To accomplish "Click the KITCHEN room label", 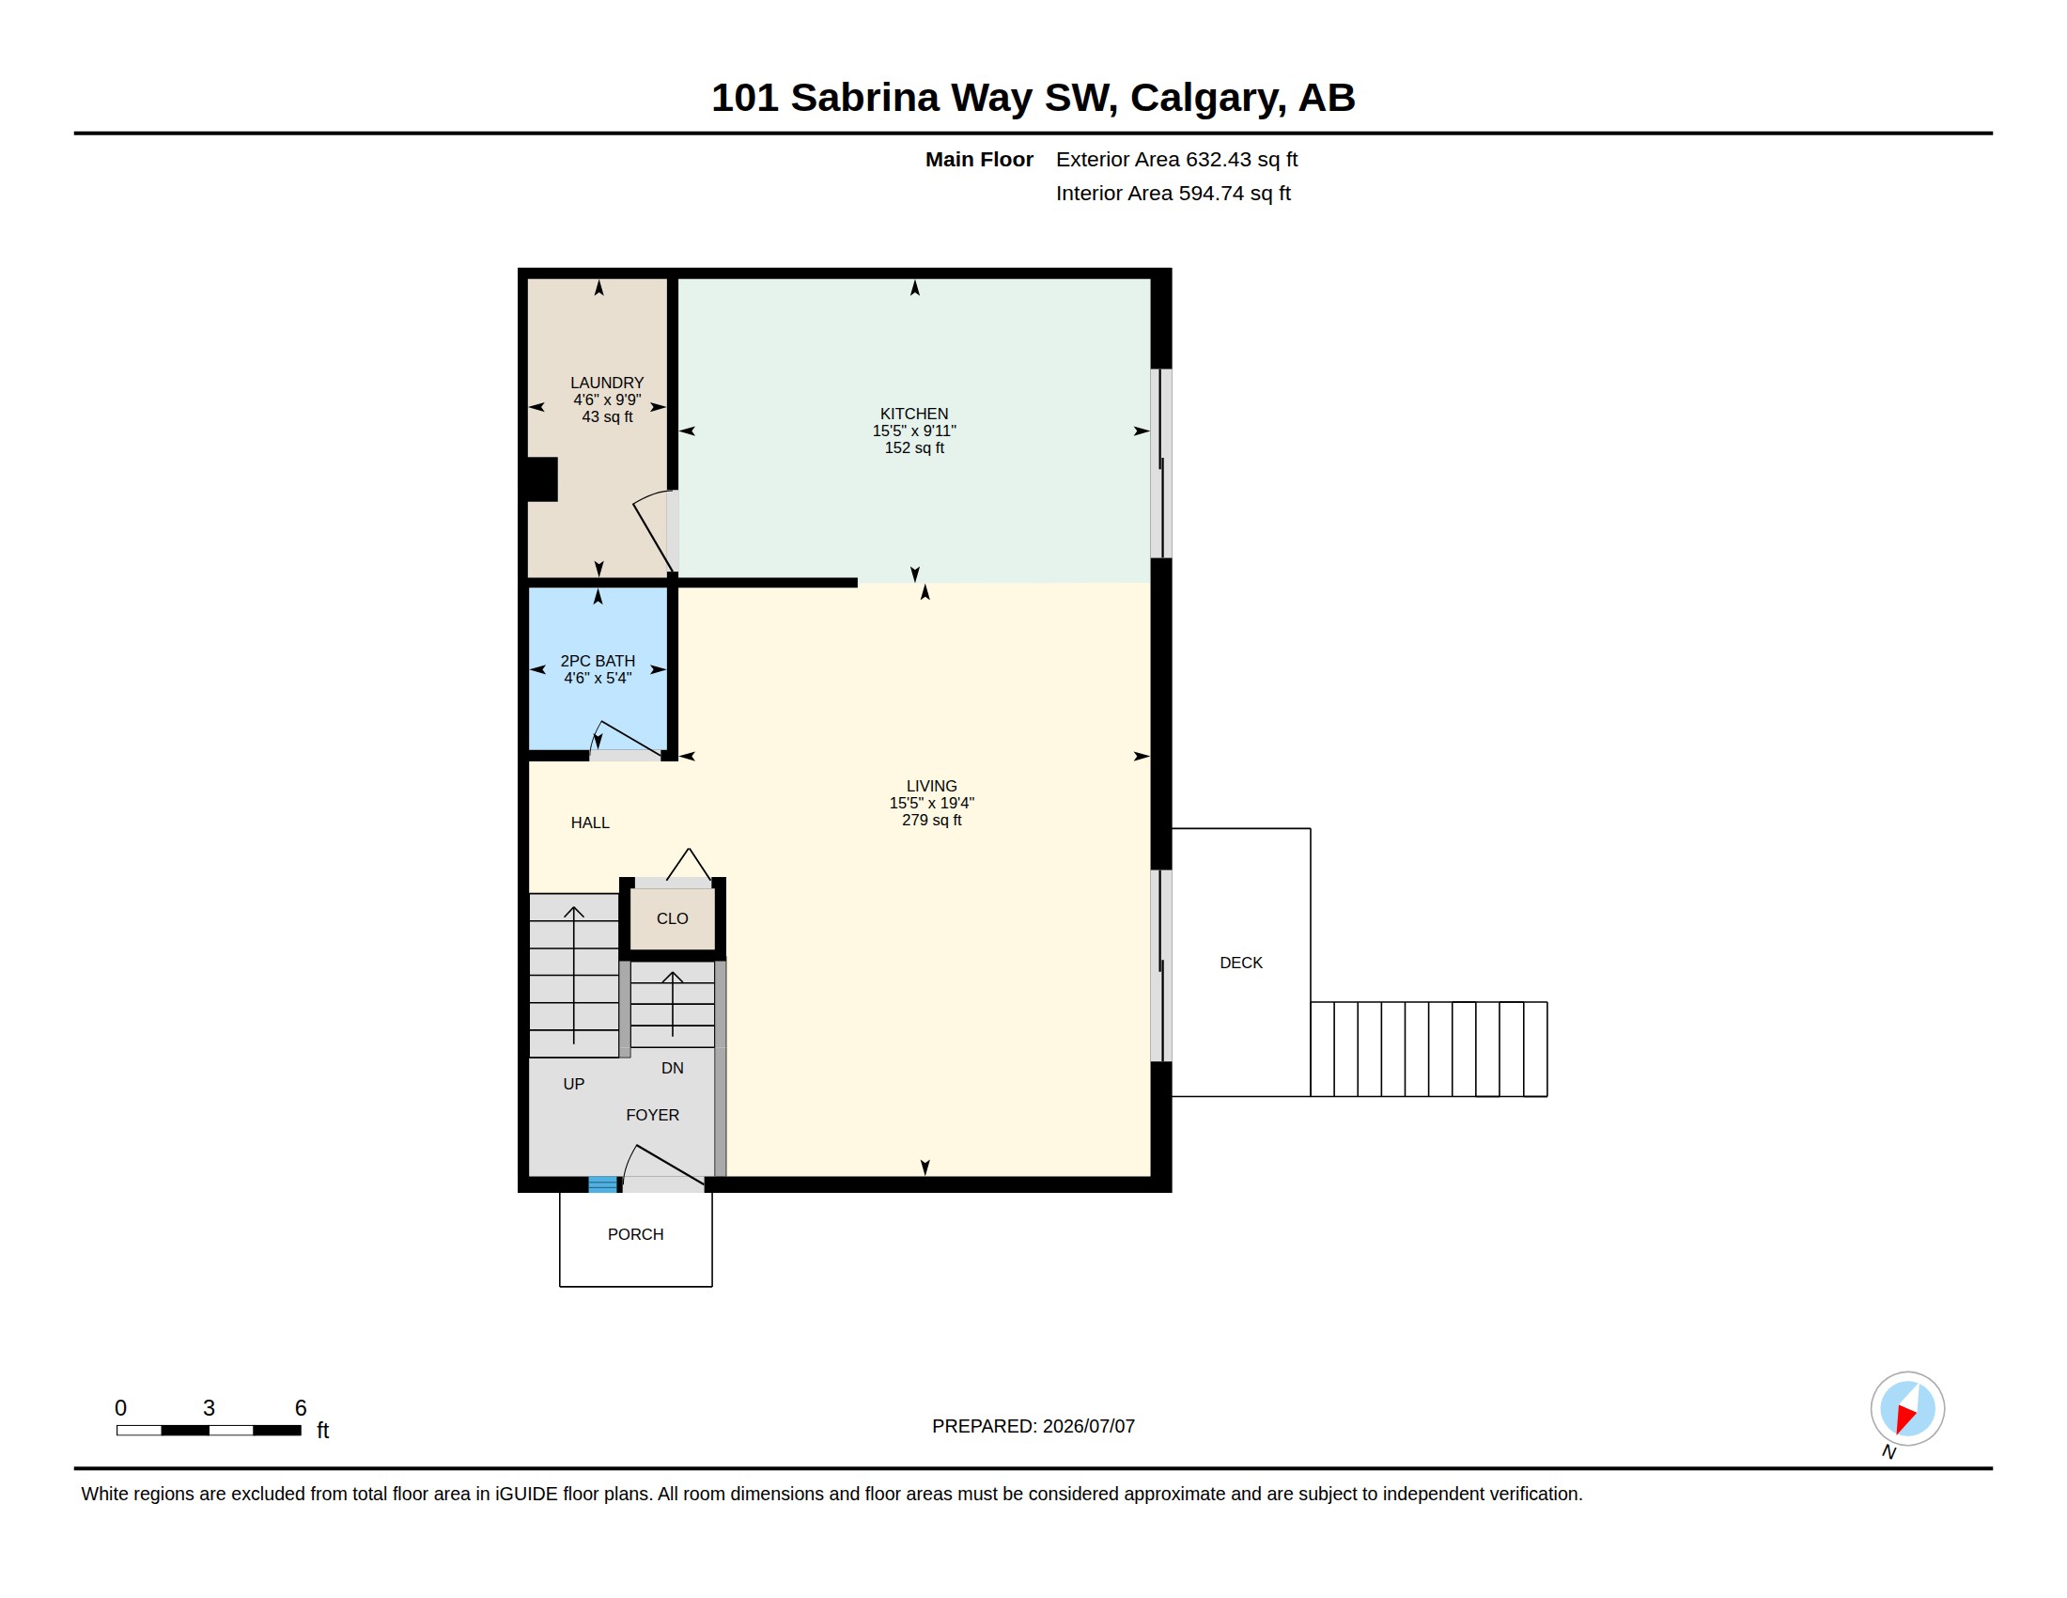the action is point(913,414).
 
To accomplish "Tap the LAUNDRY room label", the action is point(607,383).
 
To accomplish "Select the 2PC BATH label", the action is point(598,661).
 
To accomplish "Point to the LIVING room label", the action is point(931,786).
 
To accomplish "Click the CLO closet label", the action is point(672,918).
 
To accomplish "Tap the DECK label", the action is point(1241,963).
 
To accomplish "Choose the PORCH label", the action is point(635,1234).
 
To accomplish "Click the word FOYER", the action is point(652,1115).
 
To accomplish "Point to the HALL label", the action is point(590,822).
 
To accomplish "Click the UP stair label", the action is point(573,1084).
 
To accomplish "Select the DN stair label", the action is point(672,1068).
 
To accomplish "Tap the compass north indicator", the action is point(1907,1409).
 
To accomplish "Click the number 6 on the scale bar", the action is point(301,1408).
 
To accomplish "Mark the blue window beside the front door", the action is point(603,1183).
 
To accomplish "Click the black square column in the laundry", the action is point(542,479).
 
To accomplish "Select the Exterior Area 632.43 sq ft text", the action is point(1176,159).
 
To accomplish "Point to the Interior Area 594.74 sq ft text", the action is point(1173,193).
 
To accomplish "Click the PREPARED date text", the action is point(1033,1426).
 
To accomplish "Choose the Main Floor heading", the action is point(979,159).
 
